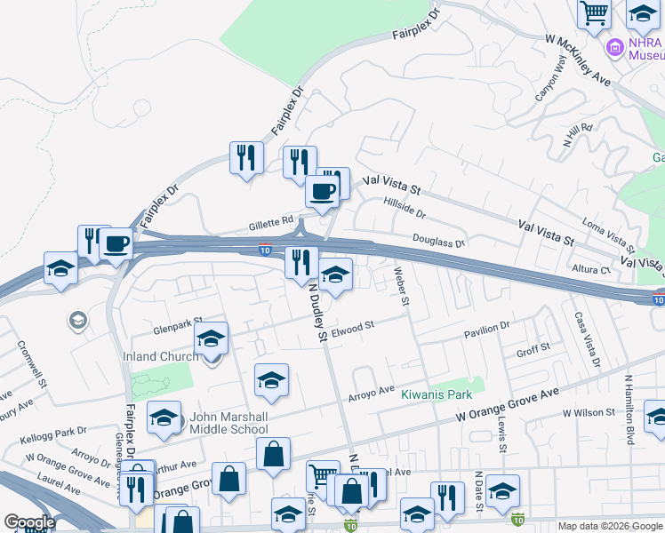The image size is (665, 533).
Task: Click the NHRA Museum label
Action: (646, 47)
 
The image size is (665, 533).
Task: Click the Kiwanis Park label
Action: (436, 394)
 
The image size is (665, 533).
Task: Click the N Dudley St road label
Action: (317, 312)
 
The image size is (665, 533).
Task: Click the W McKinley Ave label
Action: (578, 60)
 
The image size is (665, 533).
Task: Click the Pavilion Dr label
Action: (486, 331)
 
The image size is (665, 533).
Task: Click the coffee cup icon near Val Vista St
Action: (322, 191)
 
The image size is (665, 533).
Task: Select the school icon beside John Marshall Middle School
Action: (164, 418)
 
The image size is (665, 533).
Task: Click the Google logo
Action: (29, 523)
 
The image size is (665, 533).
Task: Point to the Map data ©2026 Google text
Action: (609, 526)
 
